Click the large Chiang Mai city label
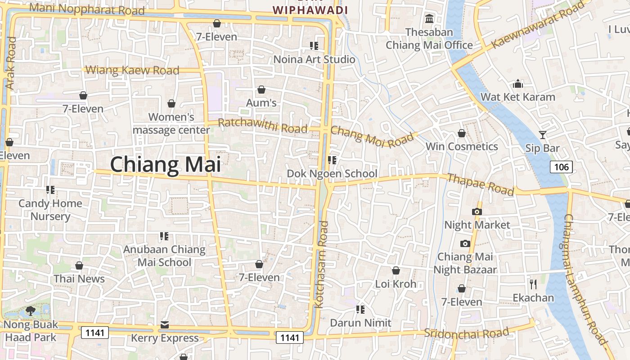click(x=165, y=164)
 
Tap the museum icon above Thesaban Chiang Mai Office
click(x=429, y=19)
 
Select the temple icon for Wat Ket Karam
click(x=518, y=84)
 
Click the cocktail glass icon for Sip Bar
click(x=543, y=135)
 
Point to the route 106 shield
click(x=561, y=167)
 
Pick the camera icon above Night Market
click(x=477, y=211)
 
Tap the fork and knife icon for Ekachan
click(x=533, y=284)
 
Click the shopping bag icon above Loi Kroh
click(x=396, y=270)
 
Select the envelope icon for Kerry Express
click(x=165, y=325)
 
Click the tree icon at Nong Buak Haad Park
click(x=31, y=310)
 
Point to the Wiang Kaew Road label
click(x=132, y=70)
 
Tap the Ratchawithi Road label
click(x=262, y=126)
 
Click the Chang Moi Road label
click(x=372, y=136)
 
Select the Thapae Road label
click(x=480, y=184)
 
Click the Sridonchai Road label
click(x=466, y=333)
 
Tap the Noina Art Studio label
click(x=314, y=59)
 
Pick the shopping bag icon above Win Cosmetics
click(x=461, y=133)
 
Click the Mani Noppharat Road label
click(x=87, y=9)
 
